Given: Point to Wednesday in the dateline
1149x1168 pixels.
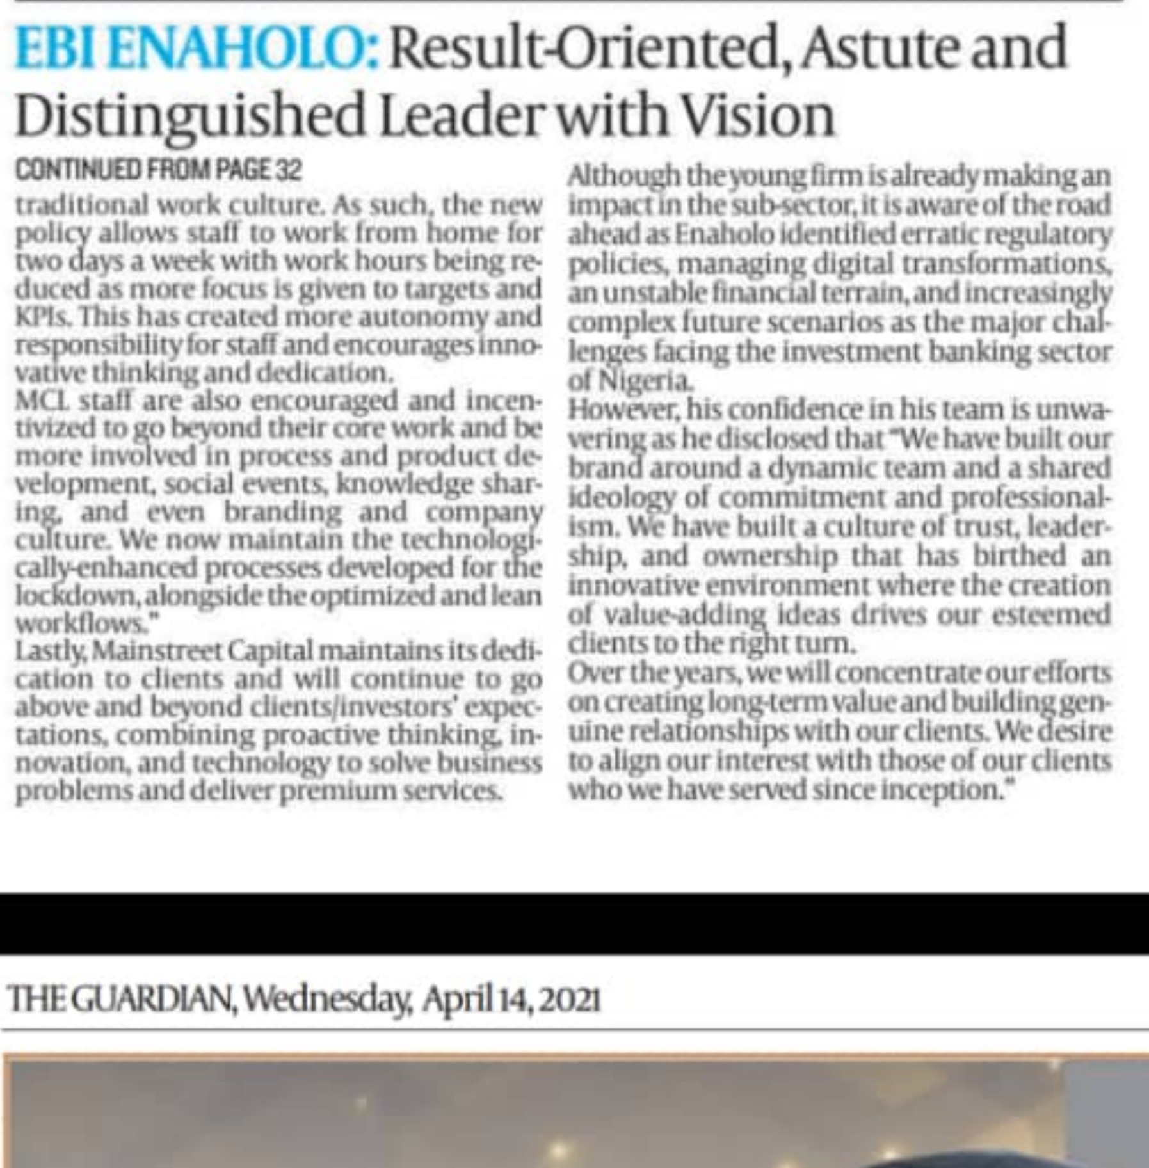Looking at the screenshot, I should pyautogui.click(x=326, y=998).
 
